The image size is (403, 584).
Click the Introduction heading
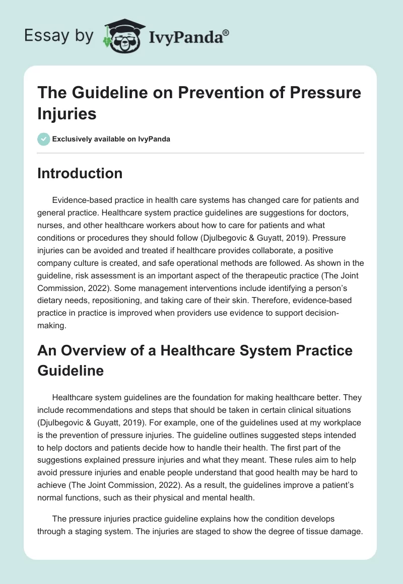[x=80, y=173]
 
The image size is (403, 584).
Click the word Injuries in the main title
[x=66, y=113]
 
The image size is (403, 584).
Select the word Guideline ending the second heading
[x=71, y=371]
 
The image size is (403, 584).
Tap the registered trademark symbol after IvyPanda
[x=226, y=32]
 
